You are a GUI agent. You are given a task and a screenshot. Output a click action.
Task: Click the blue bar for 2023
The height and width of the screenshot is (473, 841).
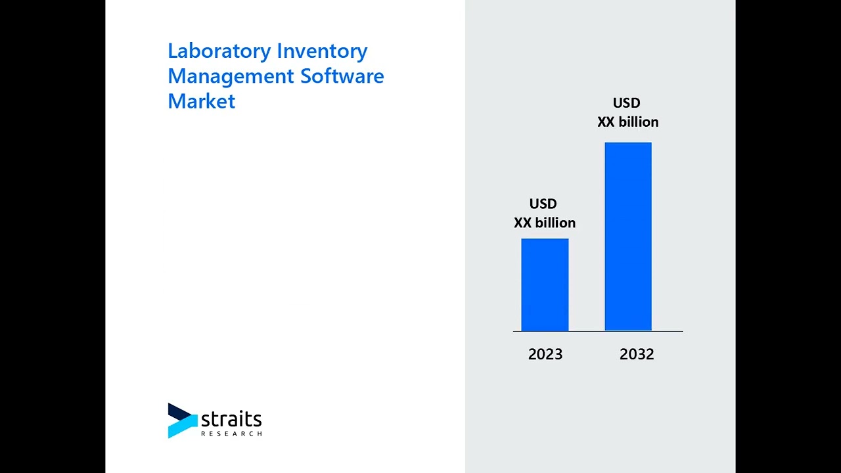(545, 284)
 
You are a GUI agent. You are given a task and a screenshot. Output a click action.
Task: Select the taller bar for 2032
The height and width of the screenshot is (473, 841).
(628, 236)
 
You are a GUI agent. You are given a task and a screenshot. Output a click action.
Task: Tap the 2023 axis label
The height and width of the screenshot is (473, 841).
(545, 355)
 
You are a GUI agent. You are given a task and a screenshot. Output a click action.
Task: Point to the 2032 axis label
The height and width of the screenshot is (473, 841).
(637, 355)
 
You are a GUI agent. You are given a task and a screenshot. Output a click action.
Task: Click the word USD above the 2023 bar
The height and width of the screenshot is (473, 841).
(543, 204)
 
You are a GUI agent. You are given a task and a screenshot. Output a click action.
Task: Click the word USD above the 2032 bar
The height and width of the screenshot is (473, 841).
(626, 103)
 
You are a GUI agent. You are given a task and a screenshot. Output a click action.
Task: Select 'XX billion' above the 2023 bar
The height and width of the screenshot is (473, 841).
(545, 223)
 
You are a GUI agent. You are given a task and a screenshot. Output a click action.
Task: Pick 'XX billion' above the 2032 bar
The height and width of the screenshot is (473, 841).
(627, 122)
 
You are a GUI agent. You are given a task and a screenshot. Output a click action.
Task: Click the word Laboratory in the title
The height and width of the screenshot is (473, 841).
(219, 51)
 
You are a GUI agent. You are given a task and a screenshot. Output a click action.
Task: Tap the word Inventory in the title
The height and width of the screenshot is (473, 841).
(322, 51)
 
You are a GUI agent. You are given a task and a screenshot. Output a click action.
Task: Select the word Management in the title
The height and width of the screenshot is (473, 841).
(231, 76)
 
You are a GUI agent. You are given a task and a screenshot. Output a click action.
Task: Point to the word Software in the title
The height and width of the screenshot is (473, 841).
(342, 76)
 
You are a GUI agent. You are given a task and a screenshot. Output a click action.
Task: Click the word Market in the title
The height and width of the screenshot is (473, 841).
(201, 101)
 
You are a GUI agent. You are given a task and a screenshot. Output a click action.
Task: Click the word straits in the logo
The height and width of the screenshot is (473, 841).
(231, 419)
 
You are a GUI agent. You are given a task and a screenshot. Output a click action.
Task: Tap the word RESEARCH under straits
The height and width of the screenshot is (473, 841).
(231, 434)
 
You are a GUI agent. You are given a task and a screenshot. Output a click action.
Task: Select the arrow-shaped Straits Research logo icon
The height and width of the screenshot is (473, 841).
(182, 420)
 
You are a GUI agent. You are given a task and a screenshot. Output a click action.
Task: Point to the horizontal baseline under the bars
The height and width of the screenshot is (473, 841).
(598, 331)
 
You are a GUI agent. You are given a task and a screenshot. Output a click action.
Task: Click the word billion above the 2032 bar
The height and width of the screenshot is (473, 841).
(638, 122)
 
